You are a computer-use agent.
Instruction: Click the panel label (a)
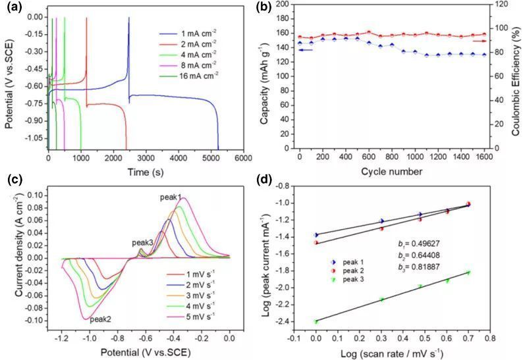[14, 7]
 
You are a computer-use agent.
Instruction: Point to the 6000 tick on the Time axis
[243, 159]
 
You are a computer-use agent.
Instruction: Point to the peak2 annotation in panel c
[101, 319]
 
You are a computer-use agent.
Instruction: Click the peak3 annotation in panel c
[143, 243]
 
